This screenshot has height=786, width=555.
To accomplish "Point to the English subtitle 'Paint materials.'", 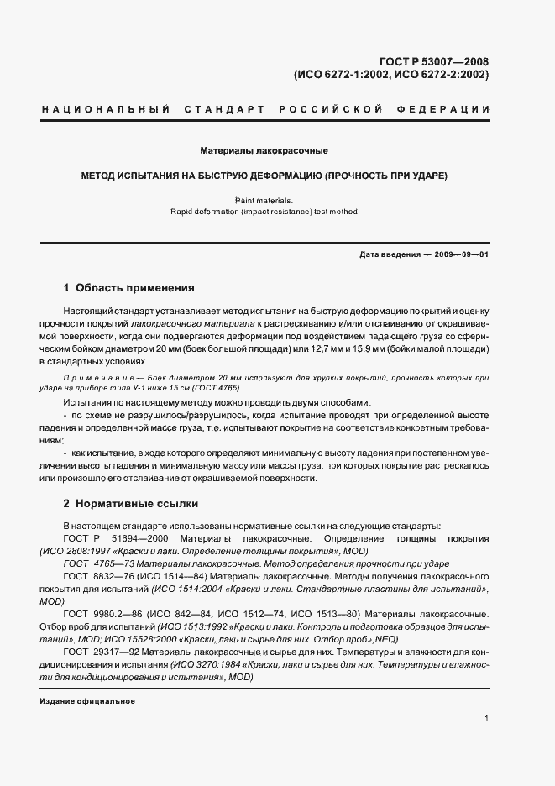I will (264, 200).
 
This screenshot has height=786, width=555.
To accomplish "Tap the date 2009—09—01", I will (459, 254).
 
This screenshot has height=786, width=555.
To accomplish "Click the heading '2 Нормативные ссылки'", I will (131, 504).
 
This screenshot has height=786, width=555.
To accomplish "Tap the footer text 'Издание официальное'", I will (87, 701).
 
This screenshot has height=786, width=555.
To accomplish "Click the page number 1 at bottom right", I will (486, 718).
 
